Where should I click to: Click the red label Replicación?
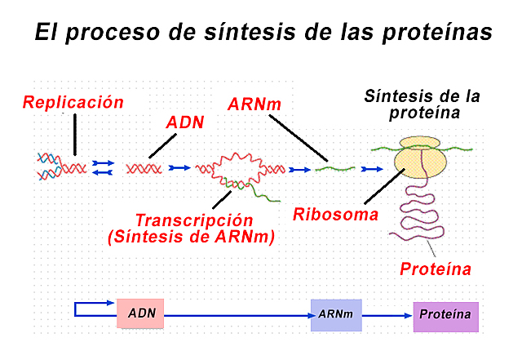pos(73,103)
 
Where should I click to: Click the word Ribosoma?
pos(335,215)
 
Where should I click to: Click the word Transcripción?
pos(193,220)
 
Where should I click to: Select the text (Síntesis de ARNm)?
pos(191,237)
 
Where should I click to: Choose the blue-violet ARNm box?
pos(335,314)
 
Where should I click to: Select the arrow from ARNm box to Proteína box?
pos(387,314)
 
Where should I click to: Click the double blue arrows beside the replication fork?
pos(103,167)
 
